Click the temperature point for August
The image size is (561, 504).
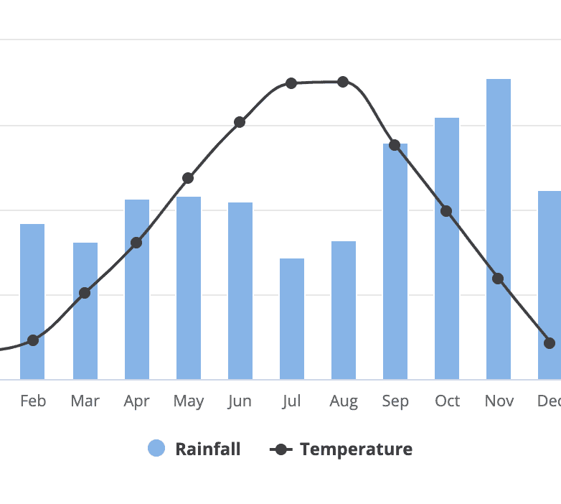pyautogui.click(x=343, y=82)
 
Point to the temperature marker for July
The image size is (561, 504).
pyautogui.click(x=291, y=83)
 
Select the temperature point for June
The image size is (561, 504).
pyautogui.click(x=240, y=122)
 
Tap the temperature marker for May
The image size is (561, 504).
pyautogui.click(x=188, y=178)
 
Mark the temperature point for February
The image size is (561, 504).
pyautogui.click(x=32, y=340)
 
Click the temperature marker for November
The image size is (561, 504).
pyautogui.click(x=498, y=279)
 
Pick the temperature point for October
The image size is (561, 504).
pyautogui.click(x=446, y=211)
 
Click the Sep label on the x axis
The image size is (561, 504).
pyautogui.click(x=395, y=401)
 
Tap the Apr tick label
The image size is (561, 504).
pyautogui.click(x=136, y=401)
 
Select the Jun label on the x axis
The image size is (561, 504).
pyautogui.click(x=240, y=401)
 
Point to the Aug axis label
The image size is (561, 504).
pyautogui.click(x=344, y=401)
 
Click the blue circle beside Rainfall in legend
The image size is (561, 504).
pyautogui.click(x=156, y=449)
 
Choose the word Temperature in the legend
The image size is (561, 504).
pyautogui.click(x=356, y=449)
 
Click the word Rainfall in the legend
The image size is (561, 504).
pyautogui.click(x=207, y=449)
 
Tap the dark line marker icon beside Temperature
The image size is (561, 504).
pyautogui.click(x=280, y=449)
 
